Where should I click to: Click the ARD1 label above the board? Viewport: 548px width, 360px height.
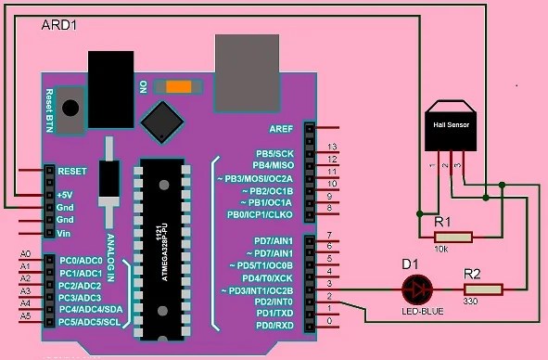[60, 25]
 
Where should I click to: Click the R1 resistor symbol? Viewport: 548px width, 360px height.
[454, 237]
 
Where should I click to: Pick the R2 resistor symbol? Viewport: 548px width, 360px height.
[483, 289]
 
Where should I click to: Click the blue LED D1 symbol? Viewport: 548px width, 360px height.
[417, 290]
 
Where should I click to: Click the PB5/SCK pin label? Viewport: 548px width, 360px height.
[274, 152]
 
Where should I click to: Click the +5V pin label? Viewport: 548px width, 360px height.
[65, 195]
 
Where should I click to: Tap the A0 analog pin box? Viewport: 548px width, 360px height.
[26, 254]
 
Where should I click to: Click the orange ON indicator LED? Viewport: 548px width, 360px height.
[177, 86]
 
